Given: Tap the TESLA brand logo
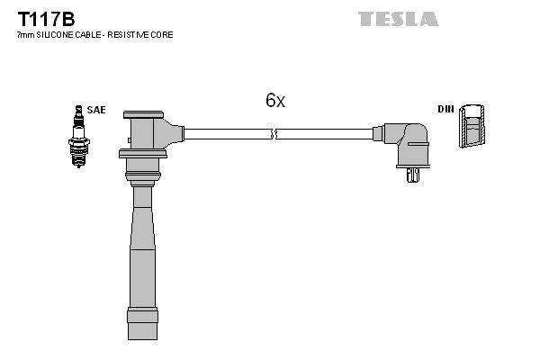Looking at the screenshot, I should tap(398, 19).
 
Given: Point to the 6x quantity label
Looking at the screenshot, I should tap(274, 101).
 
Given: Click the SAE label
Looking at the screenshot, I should tap(96, 110).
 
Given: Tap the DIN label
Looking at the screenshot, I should tap(445, 109).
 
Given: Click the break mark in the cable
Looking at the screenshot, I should tap(274, 135).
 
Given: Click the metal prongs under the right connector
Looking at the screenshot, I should tap(413, 175).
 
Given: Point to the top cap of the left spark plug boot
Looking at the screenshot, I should tap(144, 116).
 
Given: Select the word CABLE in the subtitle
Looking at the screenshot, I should tap(91, 35).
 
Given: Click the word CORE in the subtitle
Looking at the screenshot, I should tap(162, 35).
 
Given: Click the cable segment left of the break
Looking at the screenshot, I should tap(225, 135).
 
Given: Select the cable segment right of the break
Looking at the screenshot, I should tap(324, 135).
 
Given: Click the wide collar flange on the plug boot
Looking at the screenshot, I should tap(144, 172).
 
